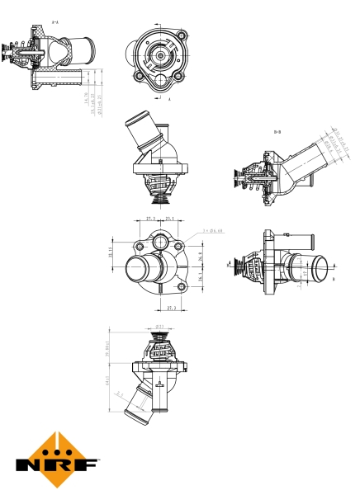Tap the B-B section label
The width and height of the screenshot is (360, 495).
point(278,131)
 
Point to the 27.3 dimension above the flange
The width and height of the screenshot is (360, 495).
point(150,219)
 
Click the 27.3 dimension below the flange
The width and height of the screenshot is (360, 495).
point(171,309)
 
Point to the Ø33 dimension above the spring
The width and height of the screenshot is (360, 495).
point(159,326)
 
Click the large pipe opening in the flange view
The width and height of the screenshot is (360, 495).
point(141,271)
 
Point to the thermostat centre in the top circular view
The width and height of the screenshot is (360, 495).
point(158,57)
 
